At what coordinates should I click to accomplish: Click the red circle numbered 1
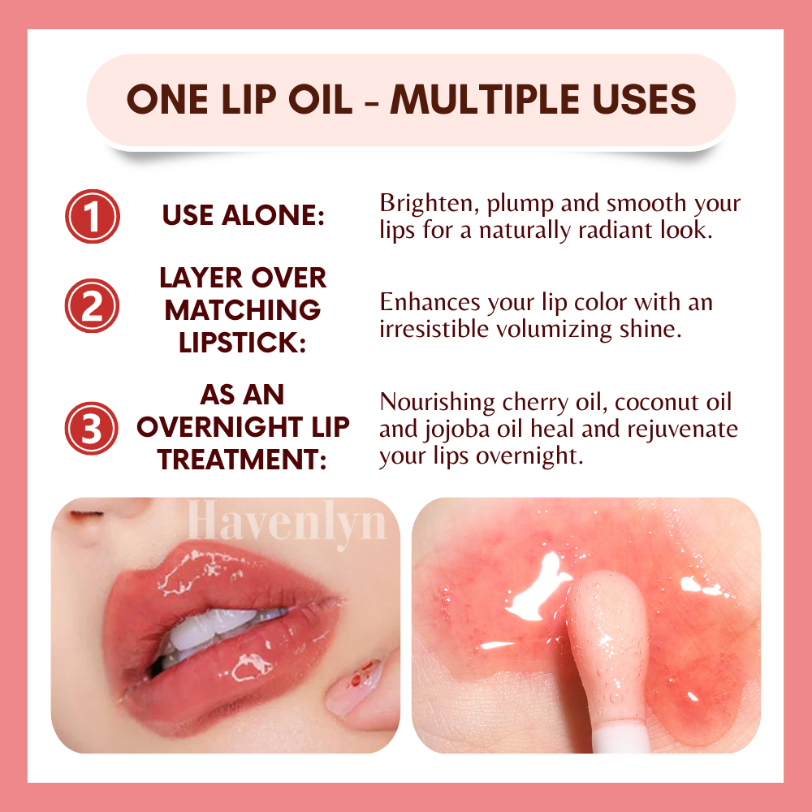tap(93, 217)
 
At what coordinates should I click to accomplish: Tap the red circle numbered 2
tap(93, 306)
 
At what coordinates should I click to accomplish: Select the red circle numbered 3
tap(92, 428)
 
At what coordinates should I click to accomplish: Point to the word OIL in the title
tap(320, 99)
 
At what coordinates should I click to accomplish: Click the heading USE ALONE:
tap(244, 215)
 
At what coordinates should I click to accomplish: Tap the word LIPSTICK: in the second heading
tap(242, 343)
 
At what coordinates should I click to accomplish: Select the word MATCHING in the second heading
tap(242, 310)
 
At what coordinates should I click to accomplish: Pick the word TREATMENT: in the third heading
tap(242, 460)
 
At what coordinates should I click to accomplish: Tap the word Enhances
tap(430, 302)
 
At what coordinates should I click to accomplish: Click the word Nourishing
tap(437, 403)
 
